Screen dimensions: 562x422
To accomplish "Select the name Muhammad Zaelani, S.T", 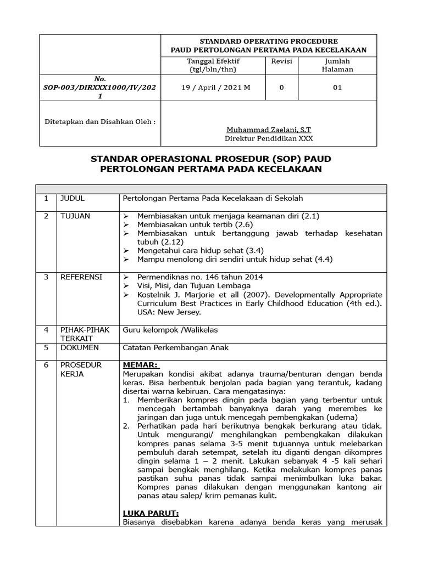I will (268, 130).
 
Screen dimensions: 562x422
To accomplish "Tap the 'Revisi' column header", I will (281, 61).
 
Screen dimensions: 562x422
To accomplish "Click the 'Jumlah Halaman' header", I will (337, 65).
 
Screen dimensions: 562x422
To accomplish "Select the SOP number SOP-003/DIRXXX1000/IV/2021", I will (100, 87).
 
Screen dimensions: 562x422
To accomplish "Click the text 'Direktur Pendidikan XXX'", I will (268, 139).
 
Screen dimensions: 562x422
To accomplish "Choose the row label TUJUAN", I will (75, 216).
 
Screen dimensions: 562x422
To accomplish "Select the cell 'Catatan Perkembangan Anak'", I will (175, 347).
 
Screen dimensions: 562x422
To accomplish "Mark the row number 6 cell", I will (47, 365).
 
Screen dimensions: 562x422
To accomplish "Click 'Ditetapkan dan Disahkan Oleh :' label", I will (99, 121).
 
